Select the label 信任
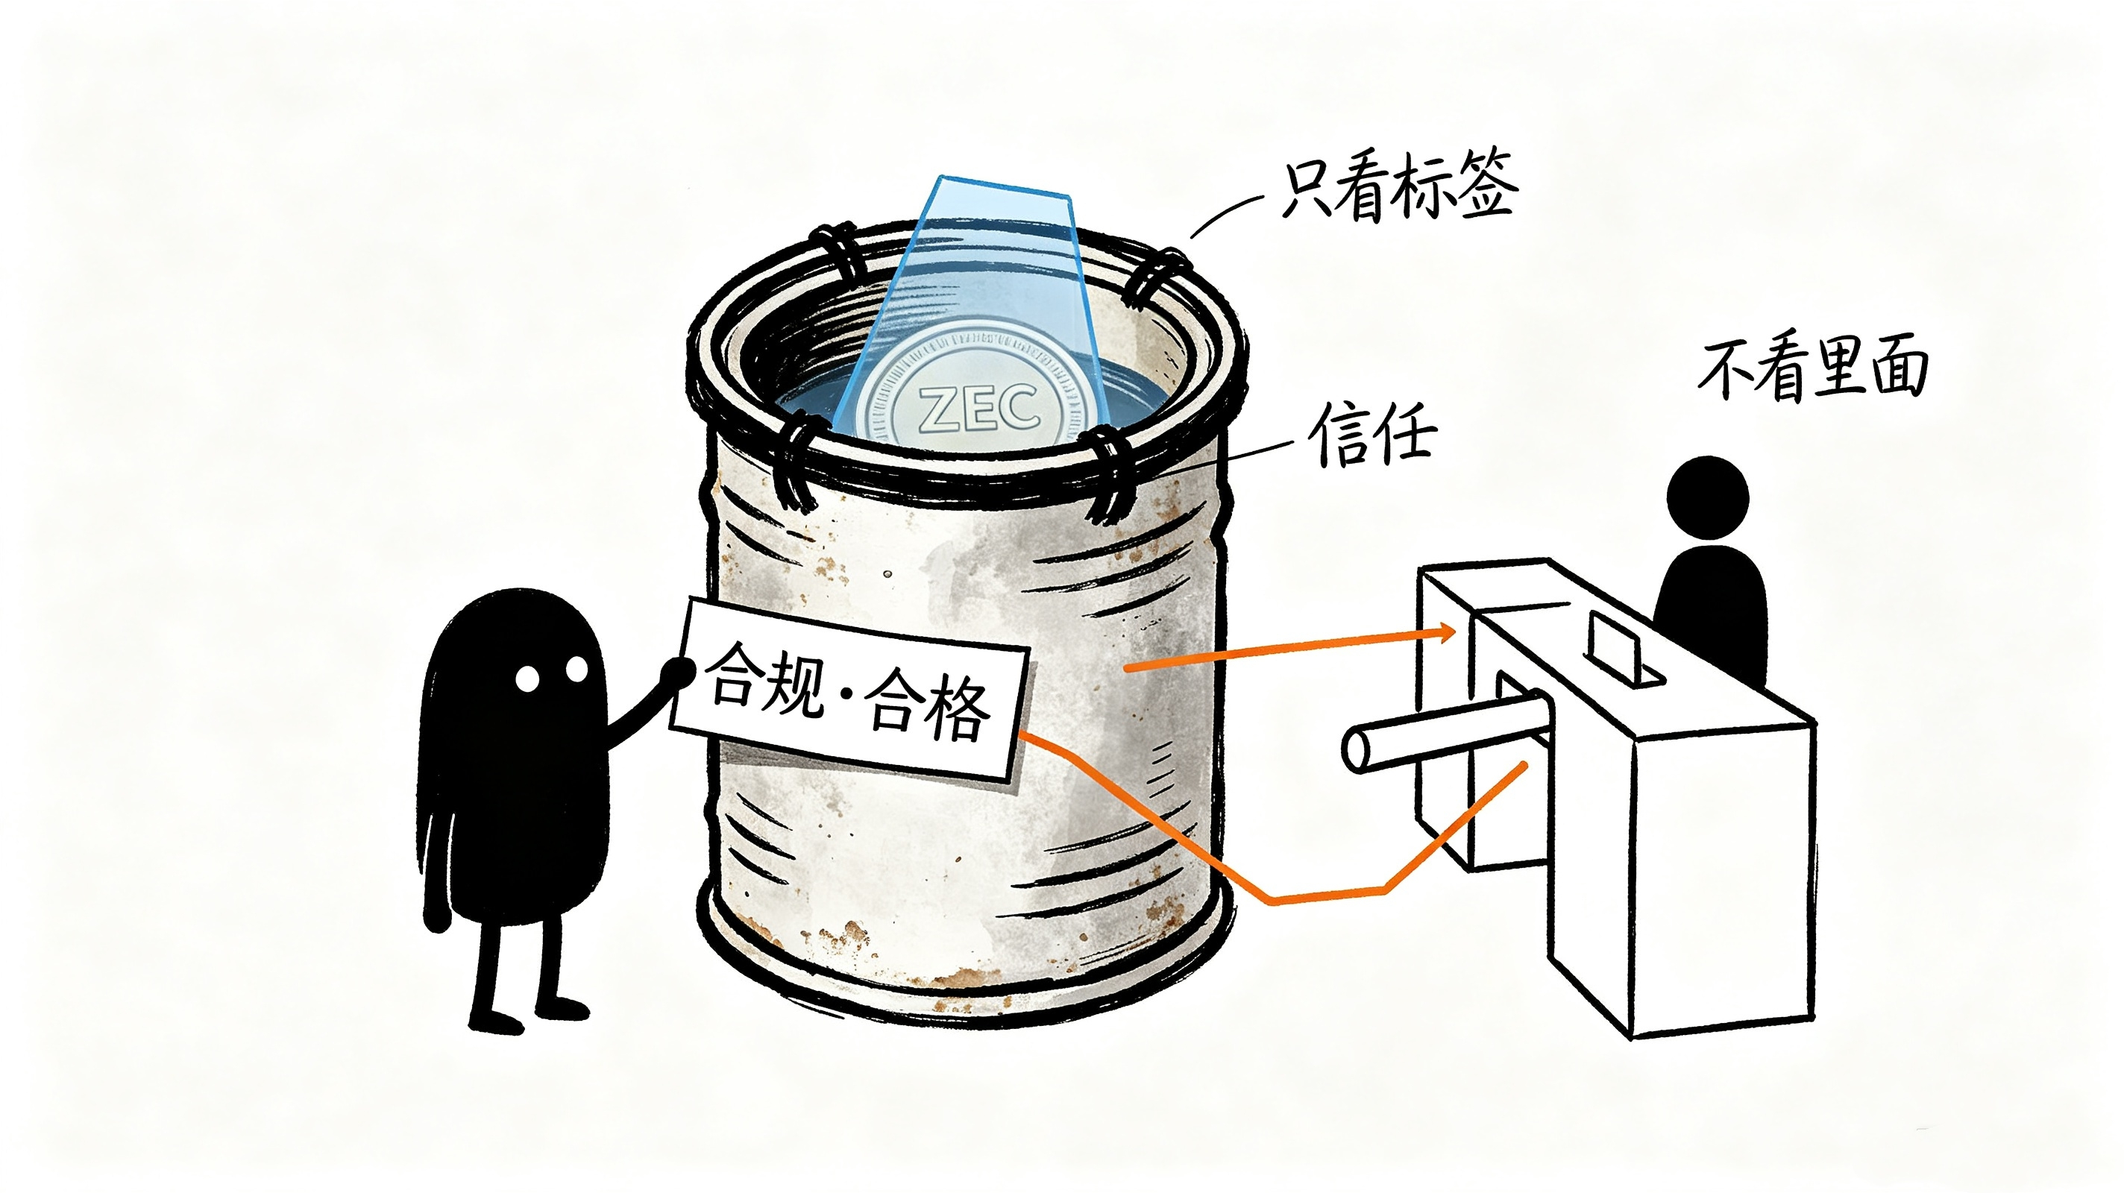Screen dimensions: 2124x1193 [x=1373, y=434]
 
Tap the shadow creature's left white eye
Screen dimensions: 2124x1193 [x=527, y=679]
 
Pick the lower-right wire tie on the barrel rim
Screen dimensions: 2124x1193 [x=1109, y=476]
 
